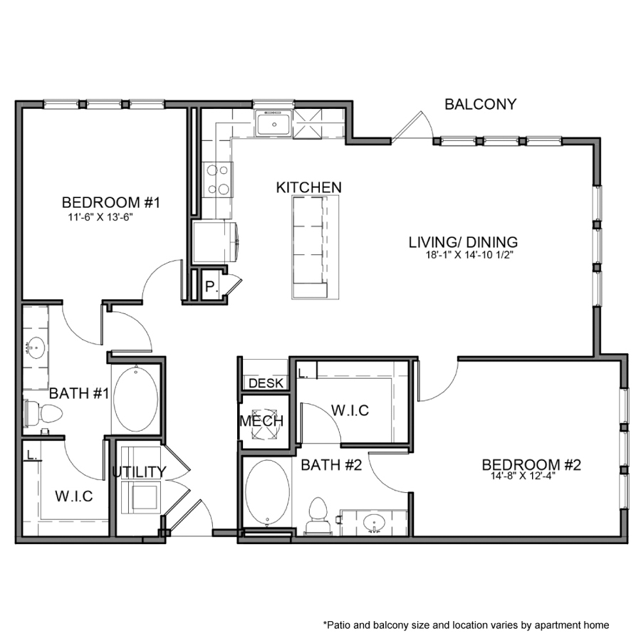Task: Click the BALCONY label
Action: [x=480, y=105]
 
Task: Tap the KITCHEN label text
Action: [x=309, y=187]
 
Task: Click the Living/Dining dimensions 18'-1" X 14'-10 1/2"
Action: [x=462, y=254]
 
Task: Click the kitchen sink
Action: [x=273, y=125]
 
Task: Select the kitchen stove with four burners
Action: [x=217, y=179]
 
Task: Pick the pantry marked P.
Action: [x=211, y=288]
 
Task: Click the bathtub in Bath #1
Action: [x=136, y=398]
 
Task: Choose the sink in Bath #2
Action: [x=373, y=524]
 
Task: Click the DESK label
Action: [x=266, y=384]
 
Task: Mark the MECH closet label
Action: [x=261, y=421]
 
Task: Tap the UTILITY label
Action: [x=139, y=471]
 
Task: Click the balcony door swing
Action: [x=413, y=125]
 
